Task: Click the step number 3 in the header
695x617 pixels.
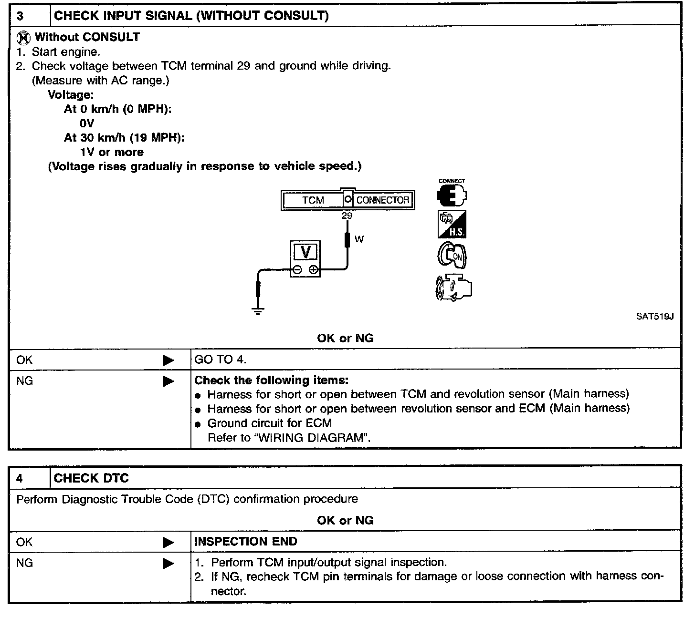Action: point(20,16)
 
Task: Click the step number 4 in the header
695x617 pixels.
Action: point(20,479)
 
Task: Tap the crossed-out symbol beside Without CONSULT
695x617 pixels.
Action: point(23,38)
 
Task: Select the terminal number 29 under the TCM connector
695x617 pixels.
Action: point(347,216)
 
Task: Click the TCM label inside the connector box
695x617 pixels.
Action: point(313,200)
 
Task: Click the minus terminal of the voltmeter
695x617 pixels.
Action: point(297,270)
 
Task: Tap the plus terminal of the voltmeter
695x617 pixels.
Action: point(313,270)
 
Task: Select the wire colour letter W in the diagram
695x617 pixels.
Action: point(359,239)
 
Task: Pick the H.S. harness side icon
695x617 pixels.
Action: point(452,224)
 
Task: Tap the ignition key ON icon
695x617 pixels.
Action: point(452,256)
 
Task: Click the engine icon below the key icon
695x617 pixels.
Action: point(453,288)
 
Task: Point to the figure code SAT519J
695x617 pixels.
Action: point(654,317)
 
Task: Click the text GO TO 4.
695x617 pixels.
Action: point(220,360)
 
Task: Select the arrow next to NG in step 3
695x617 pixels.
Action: point(168,381)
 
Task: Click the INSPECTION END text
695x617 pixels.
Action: point(246,542)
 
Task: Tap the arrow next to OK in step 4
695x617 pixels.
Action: point(168,543)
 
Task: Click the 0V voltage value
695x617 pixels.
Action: point(87,123)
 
